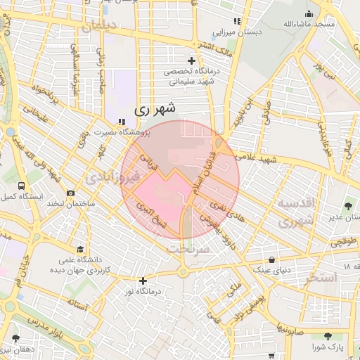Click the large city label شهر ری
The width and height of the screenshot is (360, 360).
coord(153,109)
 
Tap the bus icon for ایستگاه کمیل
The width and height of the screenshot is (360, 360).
coord(21,186)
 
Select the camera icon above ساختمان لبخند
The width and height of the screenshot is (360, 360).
coord(70,193)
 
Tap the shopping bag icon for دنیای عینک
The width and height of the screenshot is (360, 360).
coord(271,259)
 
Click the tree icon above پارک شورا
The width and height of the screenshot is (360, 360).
coord(328,337)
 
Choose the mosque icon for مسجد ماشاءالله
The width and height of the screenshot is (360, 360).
coord(309,13)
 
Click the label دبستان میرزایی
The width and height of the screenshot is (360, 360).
coord(237,32)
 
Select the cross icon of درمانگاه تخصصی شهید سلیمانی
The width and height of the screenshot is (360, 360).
coord(191,61)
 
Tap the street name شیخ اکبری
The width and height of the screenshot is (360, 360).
coord(154,217)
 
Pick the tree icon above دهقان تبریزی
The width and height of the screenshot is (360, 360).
coord(15,338)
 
